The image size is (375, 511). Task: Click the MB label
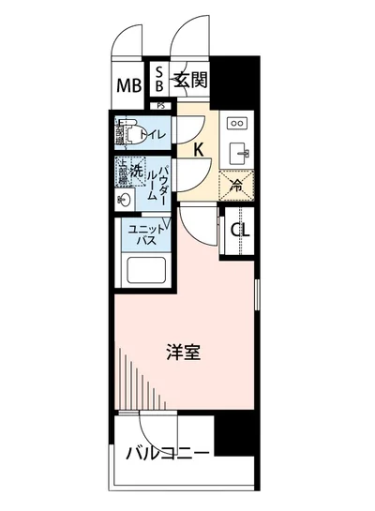pos(128,87)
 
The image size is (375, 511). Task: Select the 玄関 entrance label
pos(190,80)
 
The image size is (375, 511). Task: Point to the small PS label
pos(161,106)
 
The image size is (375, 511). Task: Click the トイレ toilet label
pos(155,136)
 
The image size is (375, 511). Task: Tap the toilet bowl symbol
pos(131,135)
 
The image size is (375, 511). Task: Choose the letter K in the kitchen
pos(199,149)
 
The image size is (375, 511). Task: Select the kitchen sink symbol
pos(237,152)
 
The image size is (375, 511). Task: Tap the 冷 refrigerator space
pos(237,186)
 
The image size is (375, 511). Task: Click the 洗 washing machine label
pos(137,172)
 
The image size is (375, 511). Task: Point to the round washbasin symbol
pos(125,200)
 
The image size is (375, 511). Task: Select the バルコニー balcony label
pos(168,456)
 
